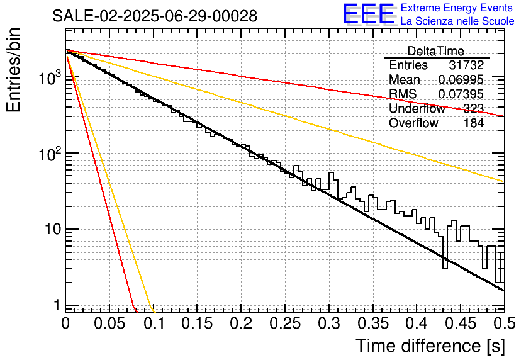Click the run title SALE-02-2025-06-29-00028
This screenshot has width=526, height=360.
click(155, 16)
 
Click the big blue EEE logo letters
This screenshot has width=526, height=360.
click(368, 14)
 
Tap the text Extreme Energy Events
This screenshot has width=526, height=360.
click(457, 8)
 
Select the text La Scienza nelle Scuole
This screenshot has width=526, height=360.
click(457, 21)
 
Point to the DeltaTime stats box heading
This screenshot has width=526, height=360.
click(435, 51)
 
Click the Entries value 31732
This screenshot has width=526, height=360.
click(466, 65)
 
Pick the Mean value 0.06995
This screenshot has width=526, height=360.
click(461, 80)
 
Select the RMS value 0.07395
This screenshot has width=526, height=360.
click(461, 94)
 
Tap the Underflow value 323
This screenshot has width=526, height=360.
click(473, 109)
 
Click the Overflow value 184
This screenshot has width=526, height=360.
click(473, 123)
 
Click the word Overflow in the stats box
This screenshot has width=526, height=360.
click(413, 123)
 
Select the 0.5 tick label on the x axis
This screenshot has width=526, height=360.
click(503, 324)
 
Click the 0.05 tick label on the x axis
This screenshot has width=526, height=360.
click(109, 324)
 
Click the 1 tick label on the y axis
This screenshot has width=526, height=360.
click(55, 305)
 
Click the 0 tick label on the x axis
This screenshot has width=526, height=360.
click(65, 324)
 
